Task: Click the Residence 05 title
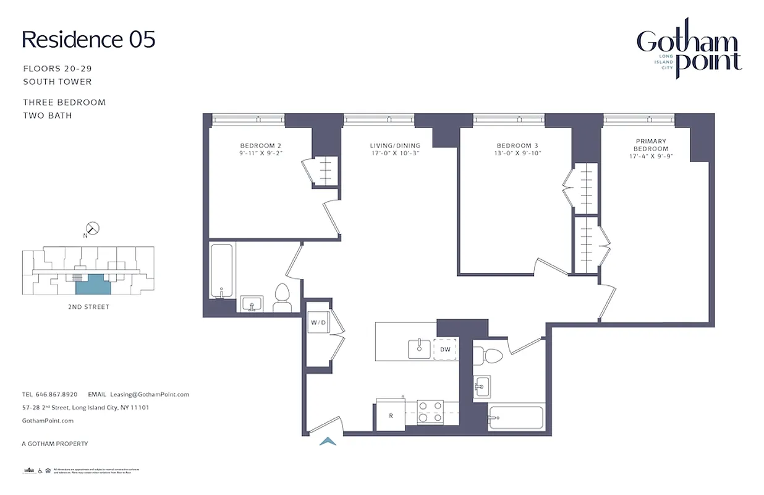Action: pyautogui.click(x=88, y=40)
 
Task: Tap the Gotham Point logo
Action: pyautogui.click(x=689, y=52)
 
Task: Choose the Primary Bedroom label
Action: pyautogui.click(x=650, y=149)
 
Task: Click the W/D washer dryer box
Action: pyautogui.click(x=318, y=322)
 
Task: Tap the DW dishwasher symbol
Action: pyautogui.click(x=446, y=350)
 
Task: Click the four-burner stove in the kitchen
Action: pyautogui.click(x=431, y=412)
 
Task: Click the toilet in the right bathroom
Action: pyautogui.click(x=489, y=355)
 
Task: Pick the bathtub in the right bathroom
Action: pyautogui.click(x=515, y=417)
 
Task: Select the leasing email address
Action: pyautogui.click(x=149, y=394)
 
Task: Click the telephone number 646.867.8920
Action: pyautogui.click(x=56, y=394)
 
